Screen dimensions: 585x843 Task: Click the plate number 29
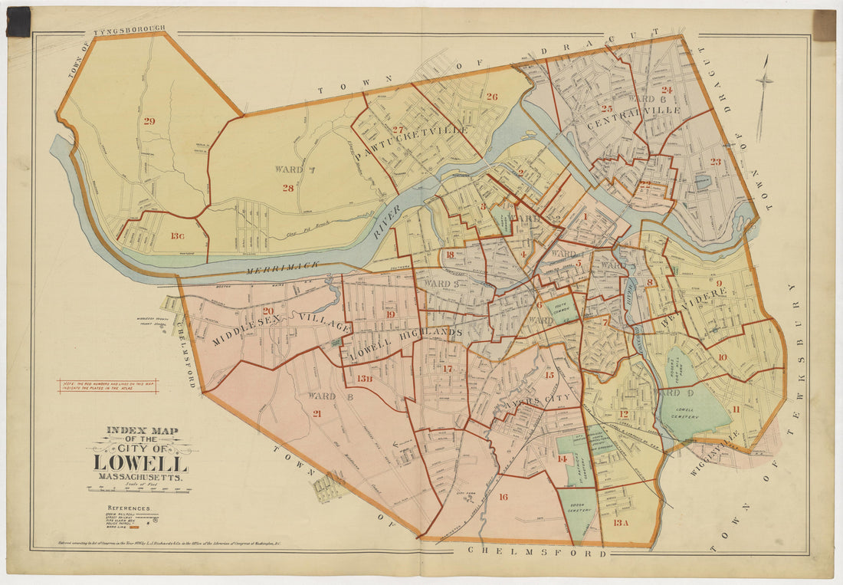(x=149, y=120)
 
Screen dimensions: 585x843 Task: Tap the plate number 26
(x=491, y=97)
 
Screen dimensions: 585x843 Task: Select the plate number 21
(x=317, y=413)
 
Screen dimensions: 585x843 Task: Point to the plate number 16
(x=503, y=497)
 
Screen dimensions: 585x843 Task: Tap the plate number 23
(x=715, y=162)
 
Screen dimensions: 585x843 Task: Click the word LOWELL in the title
(x=140, y=464)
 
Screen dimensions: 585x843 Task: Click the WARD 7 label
(x=288, y=169)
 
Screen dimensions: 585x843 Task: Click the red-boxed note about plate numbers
(x=107, y=386)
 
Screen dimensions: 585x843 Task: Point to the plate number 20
(x=268, y=311)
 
